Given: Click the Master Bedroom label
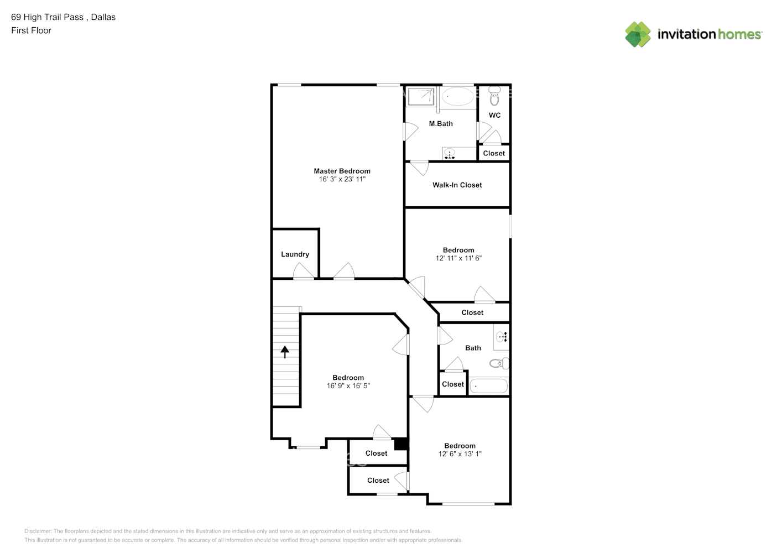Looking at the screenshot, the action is click(342, 171).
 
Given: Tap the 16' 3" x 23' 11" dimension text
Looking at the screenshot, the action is click(342, 179).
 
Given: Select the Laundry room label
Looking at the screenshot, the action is click(295, 254).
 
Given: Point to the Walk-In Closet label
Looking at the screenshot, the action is click(457, 185).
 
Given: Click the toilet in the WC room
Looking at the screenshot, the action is click(494, 96).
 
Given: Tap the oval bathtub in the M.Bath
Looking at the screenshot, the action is click(458, 96).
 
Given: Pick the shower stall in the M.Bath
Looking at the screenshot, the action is click(421, 96).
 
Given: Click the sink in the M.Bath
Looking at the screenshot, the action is click(450, 154).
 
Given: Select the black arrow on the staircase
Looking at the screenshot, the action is click(285, 352).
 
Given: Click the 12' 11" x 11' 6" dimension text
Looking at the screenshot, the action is click(458, 258).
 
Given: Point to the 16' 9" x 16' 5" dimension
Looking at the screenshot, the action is click(348, 386).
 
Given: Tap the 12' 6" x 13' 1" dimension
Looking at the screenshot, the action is click(460, 454).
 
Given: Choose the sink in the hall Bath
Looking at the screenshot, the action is click(502, 337).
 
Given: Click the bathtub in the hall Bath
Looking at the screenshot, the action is click(489, 386).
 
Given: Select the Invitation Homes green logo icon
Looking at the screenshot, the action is click(638, 34).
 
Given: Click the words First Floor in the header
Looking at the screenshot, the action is click(31, 30).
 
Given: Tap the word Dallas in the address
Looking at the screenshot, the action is click(103, 17).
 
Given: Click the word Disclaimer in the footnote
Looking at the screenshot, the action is click(38, 531).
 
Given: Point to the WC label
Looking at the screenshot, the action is click(494, 115).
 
